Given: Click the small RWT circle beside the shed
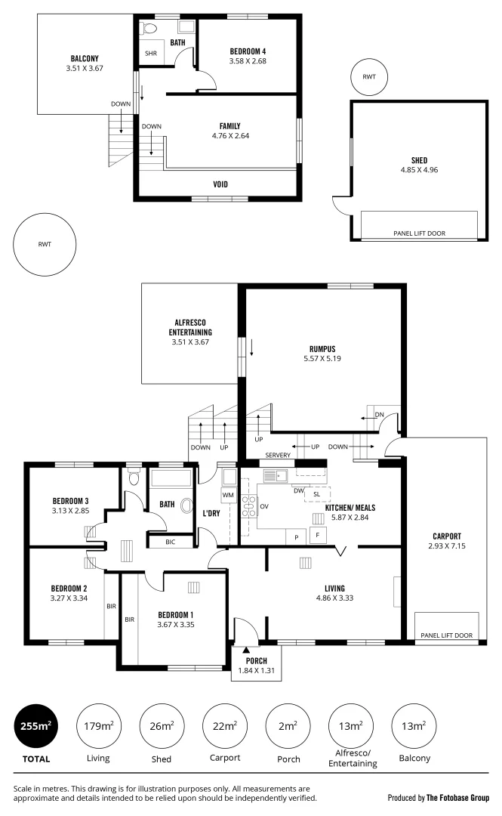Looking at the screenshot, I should click(x=368, y=77).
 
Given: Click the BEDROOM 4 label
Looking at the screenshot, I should click(x=248, y=51).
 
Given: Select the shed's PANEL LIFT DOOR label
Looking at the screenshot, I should click(x=419, y=233).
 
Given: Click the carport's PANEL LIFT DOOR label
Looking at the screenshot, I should click(x=446, y=635).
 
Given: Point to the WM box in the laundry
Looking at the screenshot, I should click(x=227, y=495).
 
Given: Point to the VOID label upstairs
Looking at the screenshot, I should click(x=220, y=184).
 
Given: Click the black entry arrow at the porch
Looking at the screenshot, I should click(x=247, y=648).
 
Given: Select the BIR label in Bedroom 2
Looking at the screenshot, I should click(x=111, y=605).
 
